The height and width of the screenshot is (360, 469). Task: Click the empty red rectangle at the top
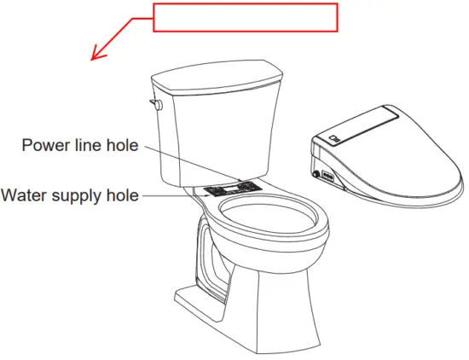[x=246, y=18]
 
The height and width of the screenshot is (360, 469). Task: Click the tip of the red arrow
[x=93, y=61]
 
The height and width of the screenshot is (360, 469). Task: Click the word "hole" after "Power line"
[x=120, y=146]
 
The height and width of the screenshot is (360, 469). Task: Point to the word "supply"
[x=77, y=196]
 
